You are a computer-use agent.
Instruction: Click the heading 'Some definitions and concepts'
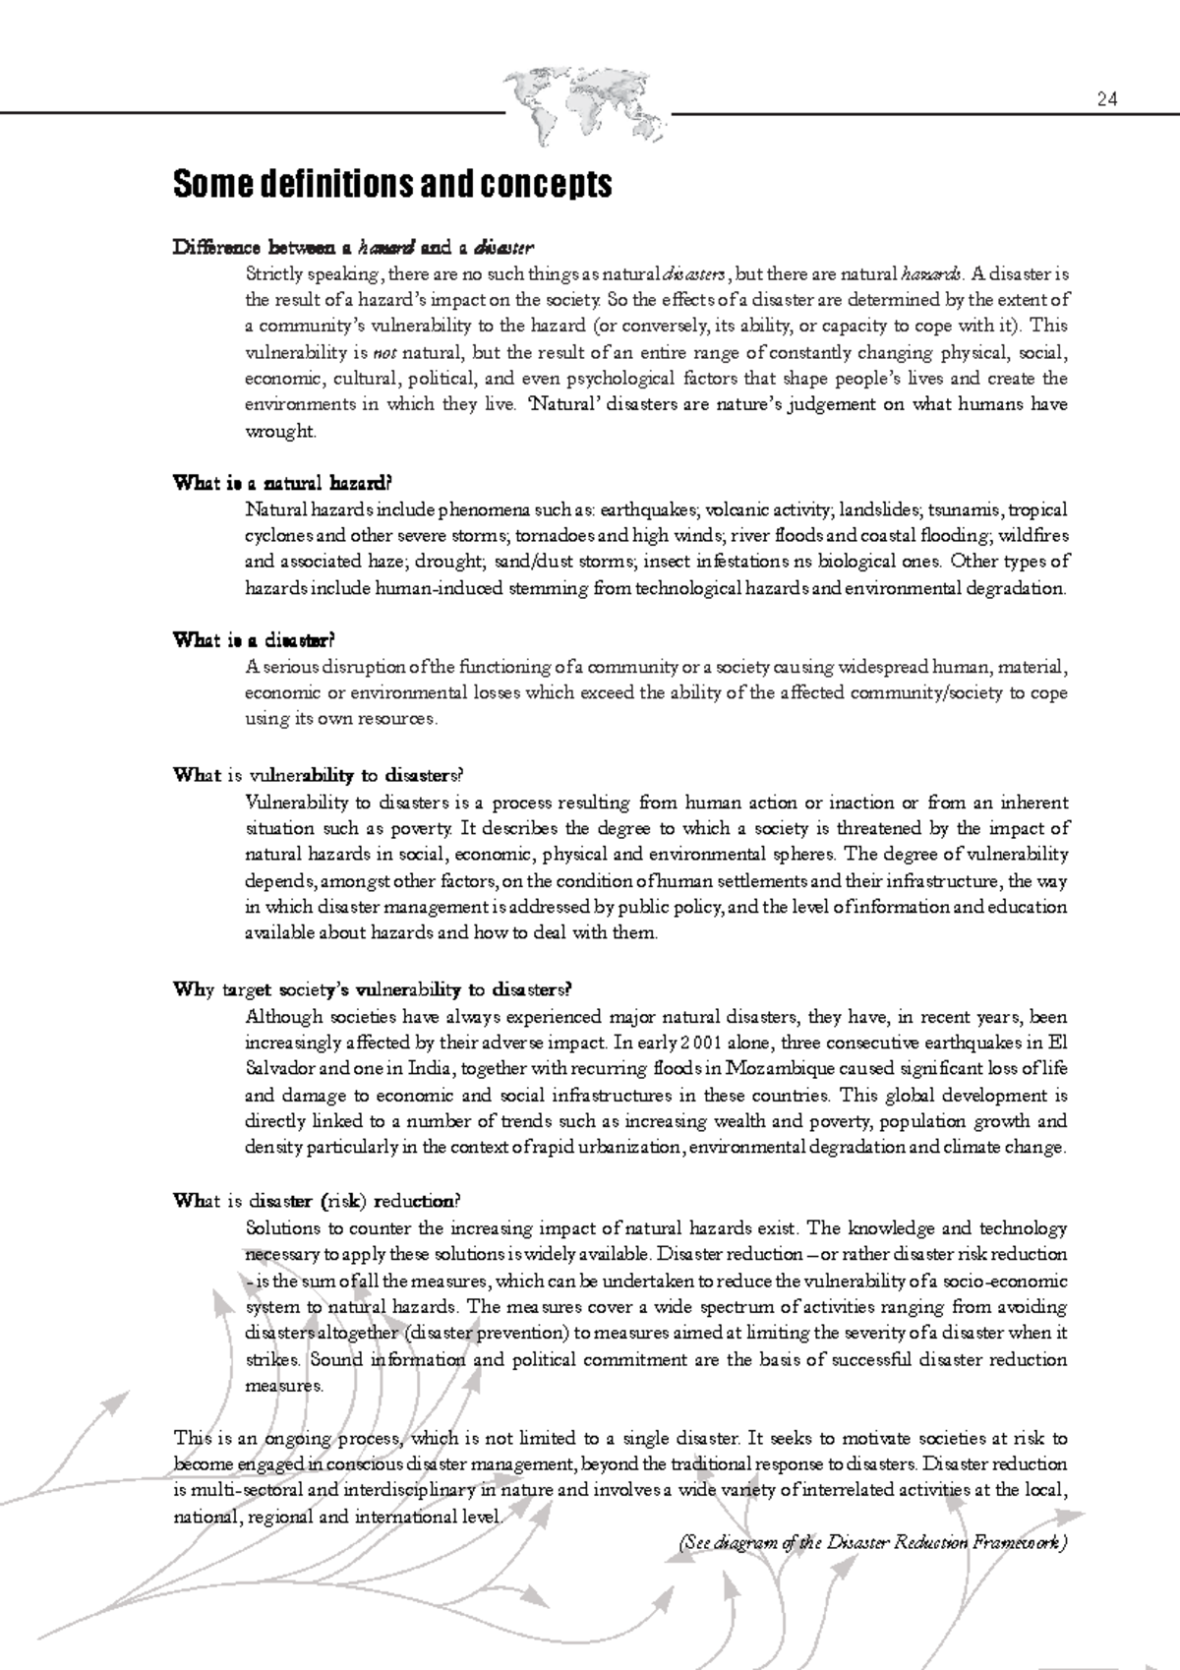tap(391, 185)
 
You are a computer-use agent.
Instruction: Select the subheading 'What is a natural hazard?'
tap(282, 483)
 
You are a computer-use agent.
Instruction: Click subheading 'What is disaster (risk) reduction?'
tap(316, 1201)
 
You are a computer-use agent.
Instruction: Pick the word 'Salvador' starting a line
tap(279, 1069)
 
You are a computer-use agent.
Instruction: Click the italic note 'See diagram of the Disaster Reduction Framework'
tap(871, 1543)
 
